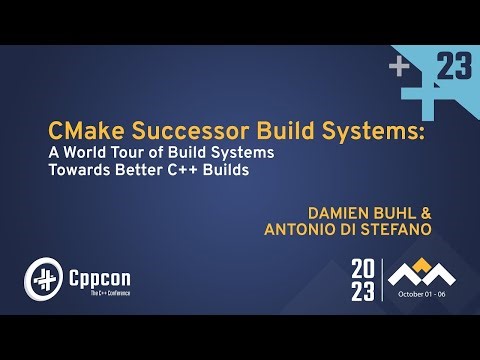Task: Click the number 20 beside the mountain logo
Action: point(363,268)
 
